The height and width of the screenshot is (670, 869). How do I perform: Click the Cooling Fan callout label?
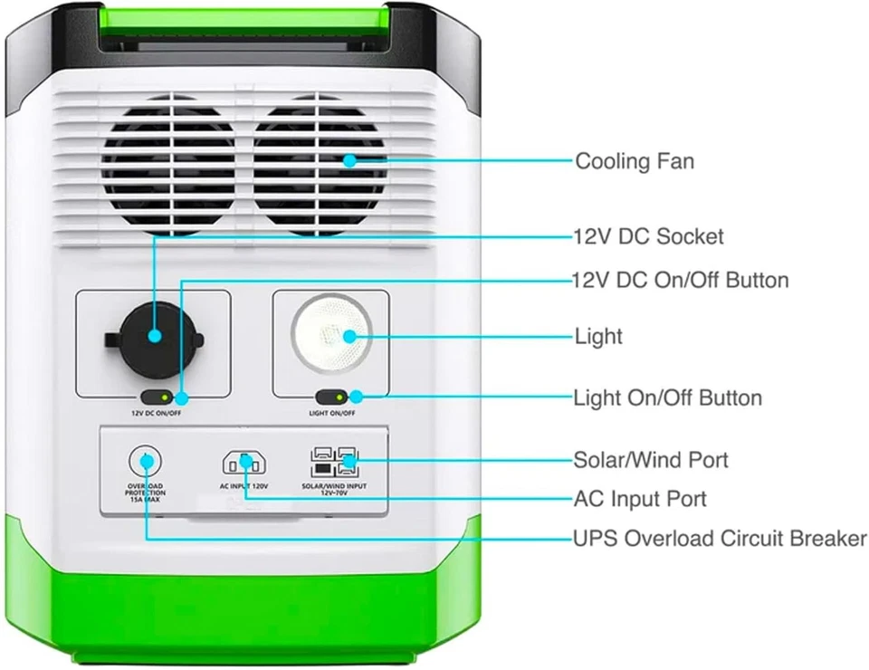point(635,162)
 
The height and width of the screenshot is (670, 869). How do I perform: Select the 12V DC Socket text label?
point(648,237)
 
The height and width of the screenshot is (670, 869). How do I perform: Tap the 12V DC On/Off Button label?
point(680,280)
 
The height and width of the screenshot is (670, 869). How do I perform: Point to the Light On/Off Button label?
point(667,398)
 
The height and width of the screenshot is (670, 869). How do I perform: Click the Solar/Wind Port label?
point(650,460)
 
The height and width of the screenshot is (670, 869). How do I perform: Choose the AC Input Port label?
point(640,499)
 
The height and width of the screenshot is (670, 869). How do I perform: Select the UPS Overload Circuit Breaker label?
point(720,539)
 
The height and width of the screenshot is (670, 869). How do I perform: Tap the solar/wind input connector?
point(333,463)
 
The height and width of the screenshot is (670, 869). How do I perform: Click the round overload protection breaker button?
point(144,461)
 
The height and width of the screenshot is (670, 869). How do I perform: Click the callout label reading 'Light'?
point(598,337)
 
